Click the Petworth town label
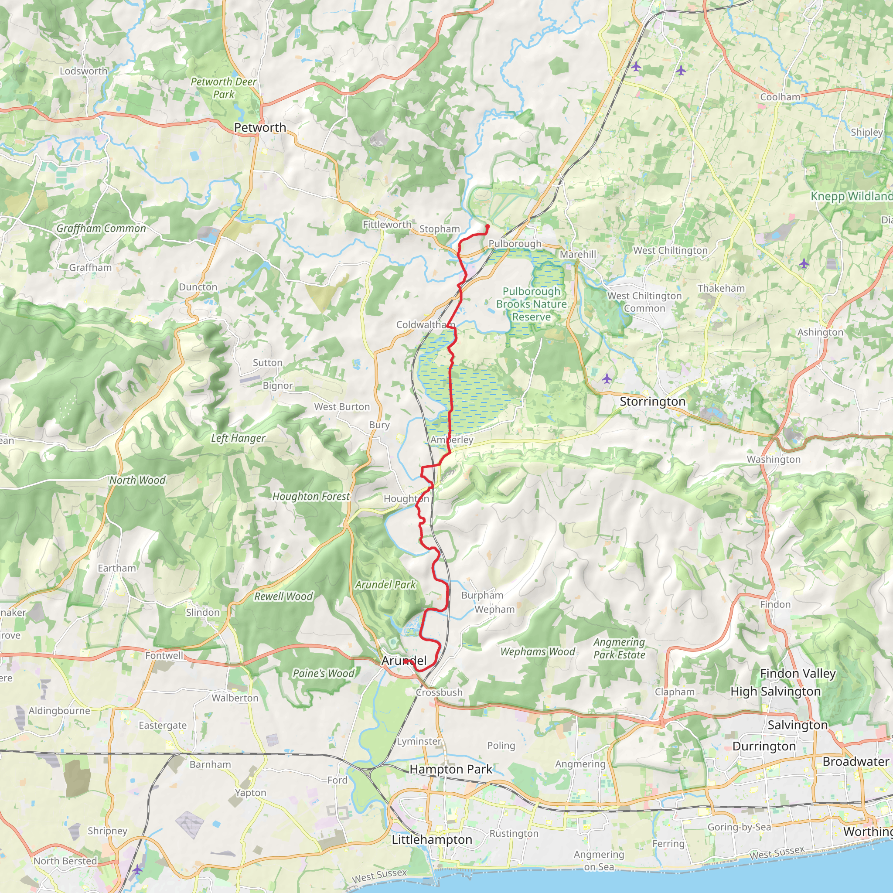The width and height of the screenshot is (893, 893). [x=260, y=128]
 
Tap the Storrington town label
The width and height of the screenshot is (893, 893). [x=652, y=402]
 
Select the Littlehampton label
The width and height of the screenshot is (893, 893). [x=432, y=839]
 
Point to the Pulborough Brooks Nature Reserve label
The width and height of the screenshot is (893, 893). [x=531, y=304]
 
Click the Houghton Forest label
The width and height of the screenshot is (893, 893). [x=311, y=496]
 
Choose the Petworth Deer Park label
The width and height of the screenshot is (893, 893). [x=224, y=88]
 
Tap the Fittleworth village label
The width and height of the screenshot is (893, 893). [x=387, y=225]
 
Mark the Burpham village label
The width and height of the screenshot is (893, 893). [x=482, y=595]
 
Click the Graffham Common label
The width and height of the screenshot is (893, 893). [x=101, y=228]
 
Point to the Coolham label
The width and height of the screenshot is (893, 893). [x=780, y=97]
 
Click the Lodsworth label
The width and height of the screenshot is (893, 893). [x=84, y=71]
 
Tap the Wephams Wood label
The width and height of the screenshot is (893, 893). [x=538, y=652]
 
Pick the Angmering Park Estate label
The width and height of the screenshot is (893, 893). [x=619, y=648]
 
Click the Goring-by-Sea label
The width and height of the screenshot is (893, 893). [x=740, y=827]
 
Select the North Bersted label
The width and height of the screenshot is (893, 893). [x=65, y=861]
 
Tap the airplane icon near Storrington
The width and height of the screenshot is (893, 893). [x=607, y=379]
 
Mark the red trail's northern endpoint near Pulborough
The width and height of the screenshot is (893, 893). [x=487, y=226]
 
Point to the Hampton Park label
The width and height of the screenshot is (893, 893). [x=451, y=770]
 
